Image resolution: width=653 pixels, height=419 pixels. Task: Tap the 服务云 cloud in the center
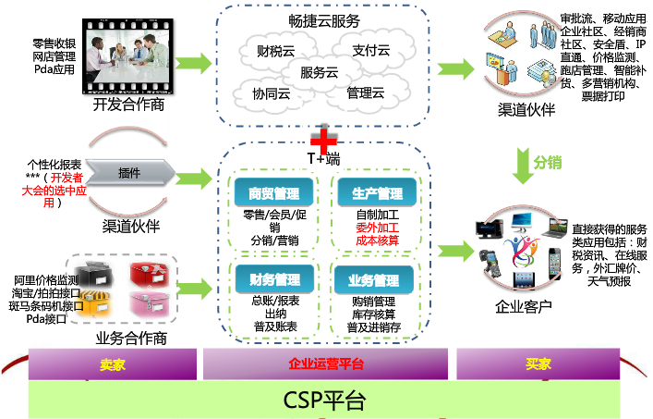(320, 71)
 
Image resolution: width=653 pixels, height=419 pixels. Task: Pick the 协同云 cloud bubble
(272, 92)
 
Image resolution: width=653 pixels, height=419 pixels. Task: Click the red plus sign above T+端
(321, 140)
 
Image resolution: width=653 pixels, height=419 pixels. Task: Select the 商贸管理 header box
(274, 193)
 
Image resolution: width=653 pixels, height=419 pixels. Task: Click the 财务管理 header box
(274, 279)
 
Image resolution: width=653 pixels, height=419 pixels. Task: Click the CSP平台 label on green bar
(324, 401)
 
